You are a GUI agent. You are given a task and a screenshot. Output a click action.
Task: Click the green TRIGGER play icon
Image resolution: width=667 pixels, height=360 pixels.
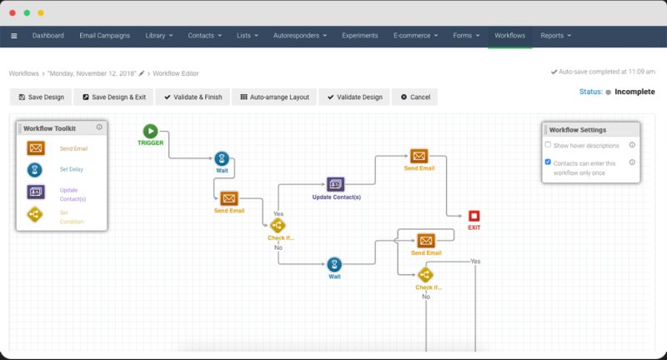tap(150, 131)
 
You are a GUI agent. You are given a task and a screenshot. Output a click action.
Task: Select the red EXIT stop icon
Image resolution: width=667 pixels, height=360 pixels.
tap(474, 216)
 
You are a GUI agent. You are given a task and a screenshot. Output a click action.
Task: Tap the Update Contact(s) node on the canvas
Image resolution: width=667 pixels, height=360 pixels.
tap(335, 184)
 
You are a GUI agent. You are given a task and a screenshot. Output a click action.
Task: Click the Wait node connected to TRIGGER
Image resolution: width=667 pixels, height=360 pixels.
tap(222, 159)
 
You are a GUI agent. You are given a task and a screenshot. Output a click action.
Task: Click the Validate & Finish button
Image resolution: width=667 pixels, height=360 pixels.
tap(193, 97)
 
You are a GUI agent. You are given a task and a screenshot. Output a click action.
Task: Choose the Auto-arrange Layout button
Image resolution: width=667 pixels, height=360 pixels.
tap(274, 97)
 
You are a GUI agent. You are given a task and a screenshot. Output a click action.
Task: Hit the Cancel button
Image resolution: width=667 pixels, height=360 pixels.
tap(415, 97)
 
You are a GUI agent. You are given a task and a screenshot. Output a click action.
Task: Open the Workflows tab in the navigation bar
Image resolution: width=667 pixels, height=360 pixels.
tap(509, 36)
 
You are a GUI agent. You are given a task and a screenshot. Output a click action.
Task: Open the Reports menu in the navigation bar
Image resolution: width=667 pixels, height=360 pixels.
tap(555, 36)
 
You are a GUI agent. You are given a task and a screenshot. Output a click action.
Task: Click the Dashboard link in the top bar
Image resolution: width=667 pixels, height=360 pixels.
tap(48, 36)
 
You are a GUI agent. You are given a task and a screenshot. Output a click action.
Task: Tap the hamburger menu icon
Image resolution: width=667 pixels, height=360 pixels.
tap(14, 36)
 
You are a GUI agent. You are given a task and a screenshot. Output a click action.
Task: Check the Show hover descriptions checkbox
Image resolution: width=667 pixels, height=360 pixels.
tap(548, 144)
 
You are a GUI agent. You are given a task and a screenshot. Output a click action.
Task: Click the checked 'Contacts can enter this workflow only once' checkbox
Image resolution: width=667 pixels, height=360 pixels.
tap(548, 162)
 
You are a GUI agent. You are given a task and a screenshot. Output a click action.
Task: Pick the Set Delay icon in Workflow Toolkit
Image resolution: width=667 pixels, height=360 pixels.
tap(35, 170)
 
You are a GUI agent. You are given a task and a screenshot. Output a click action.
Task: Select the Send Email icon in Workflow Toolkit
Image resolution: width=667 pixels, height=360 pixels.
tap(36, 148)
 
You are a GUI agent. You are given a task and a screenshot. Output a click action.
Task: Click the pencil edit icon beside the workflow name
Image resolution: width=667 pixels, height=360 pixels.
tap(142, 73)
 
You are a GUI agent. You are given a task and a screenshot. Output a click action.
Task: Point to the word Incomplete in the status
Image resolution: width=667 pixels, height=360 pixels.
tap(634, 92)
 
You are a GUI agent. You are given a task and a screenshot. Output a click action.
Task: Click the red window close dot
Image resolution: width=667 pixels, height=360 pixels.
tap(13, 12)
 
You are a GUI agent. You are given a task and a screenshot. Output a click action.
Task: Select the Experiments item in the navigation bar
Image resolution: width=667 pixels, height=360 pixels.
tap(360, 36)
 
